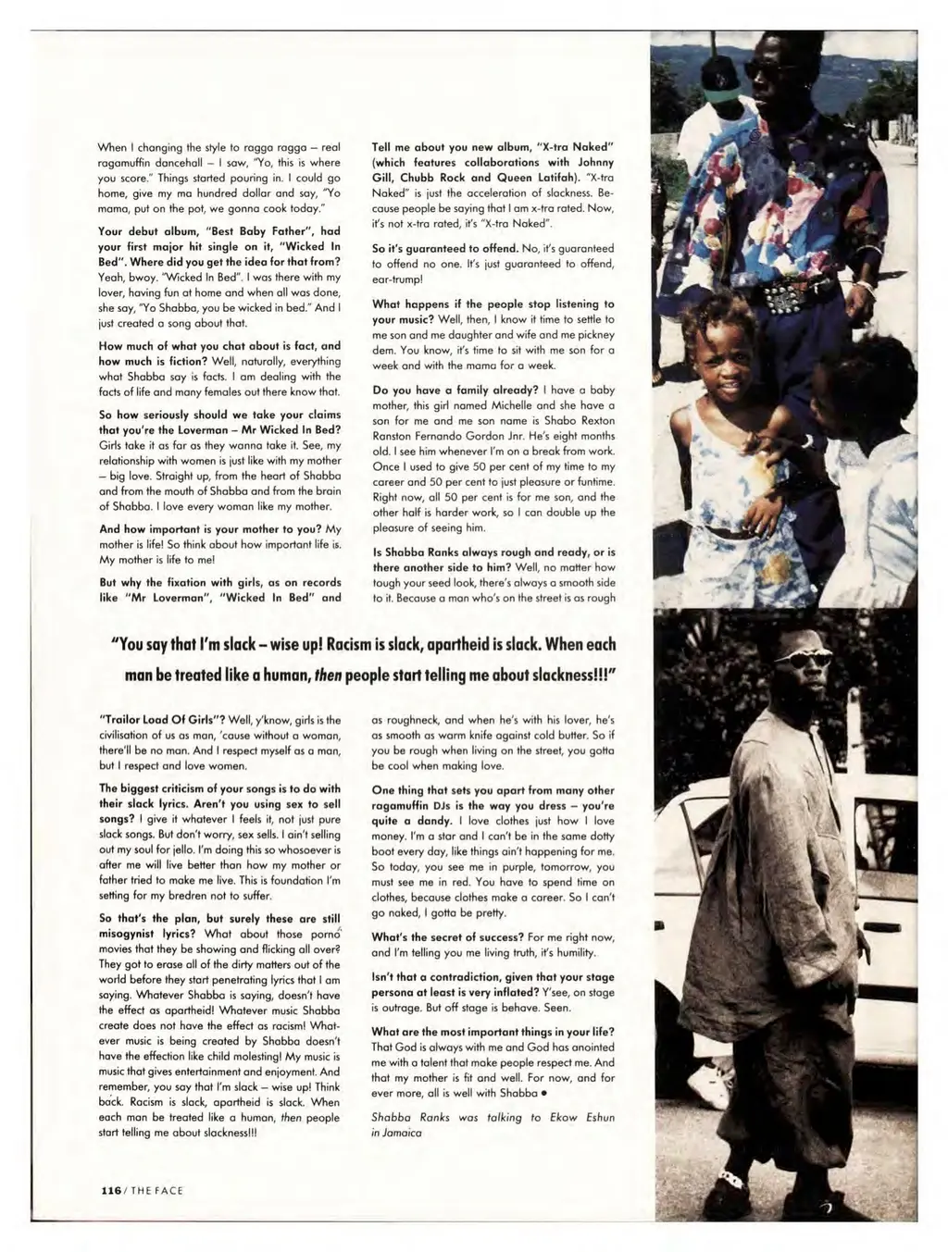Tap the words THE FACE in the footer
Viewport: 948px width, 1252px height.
click(x=156, y=1190)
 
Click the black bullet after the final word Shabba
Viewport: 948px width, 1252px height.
click(x=547, y=1093)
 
